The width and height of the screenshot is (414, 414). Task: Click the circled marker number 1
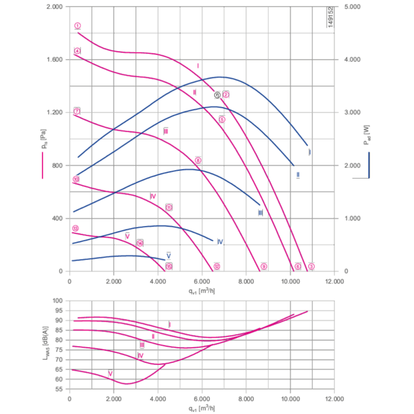pos(77,26)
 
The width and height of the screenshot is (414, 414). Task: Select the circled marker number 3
pos(311,267)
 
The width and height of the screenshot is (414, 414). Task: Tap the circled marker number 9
pos(264,267)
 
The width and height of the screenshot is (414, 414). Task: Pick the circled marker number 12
pos(217,267)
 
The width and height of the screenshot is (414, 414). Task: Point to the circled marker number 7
pos(77,111)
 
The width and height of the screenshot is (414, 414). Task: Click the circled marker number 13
pos(75,229)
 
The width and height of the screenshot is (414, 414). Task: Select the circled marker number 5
pos(222,120)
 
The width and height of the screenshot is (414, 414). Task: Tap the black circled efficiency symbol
pos(218,95)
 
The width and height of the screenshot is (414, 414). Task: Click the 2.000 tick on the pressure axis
pos(54,7)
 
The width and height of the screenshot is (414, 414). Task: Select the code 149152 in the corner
pos(330,17)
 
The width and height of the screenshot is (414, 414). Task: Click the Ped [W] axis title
pos(366,135)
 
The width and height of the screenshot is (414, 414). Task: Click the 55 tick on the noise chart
pos(58,389)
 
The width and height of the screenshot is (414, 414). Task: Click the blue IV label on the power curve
pos(220,242)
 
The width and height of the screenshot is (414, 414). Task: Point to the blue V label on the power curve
pos(168,255)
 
